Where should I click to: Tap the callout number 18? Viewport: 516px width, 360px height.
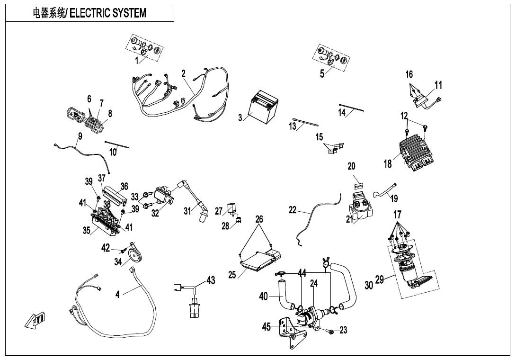[x=388, y=164]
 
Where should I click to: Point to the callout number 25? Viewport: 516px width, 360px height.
[x=232, y=274]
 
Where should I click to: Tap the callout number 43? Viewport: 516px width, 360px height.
[x=210, y=280]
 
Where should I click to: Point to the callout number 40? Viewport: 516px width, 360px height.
[x=264, y=297]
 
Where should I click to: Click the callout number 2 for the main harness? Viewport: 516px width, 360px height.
[x=183, y=73]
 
